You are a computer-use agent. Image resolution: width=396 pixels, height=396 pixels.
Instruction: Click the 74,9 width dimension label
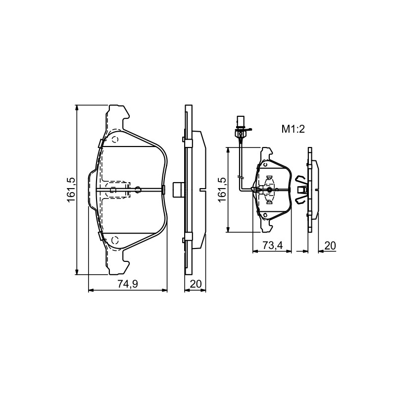[128, 284]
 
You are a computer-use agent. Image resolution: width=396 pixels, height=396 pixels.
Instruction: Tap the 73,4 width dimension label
[273, 245]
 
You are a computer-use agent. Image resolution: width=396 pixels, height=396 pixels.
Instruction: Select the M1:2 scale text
[293, 129]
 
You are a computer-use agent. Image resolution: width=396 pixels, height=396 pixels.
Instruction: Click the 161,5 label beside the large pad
[71, 190]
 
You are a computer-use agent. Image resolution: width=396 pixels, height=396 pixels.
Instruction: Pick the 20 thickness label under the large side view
[196, 284]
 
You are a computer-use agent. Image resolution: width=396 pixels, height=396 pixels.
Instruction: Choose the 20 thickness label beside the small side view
[330, 246]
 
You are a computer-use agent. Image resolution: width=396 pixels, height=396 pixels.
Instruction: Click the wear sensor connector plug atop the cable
[240, 123]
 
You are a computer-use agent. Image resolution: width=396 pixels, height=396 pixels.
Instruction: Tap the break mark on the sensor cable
[241, 177]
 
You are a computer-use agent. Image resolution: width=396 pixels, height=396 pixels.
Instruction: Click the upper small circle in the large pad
[115, 139]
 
